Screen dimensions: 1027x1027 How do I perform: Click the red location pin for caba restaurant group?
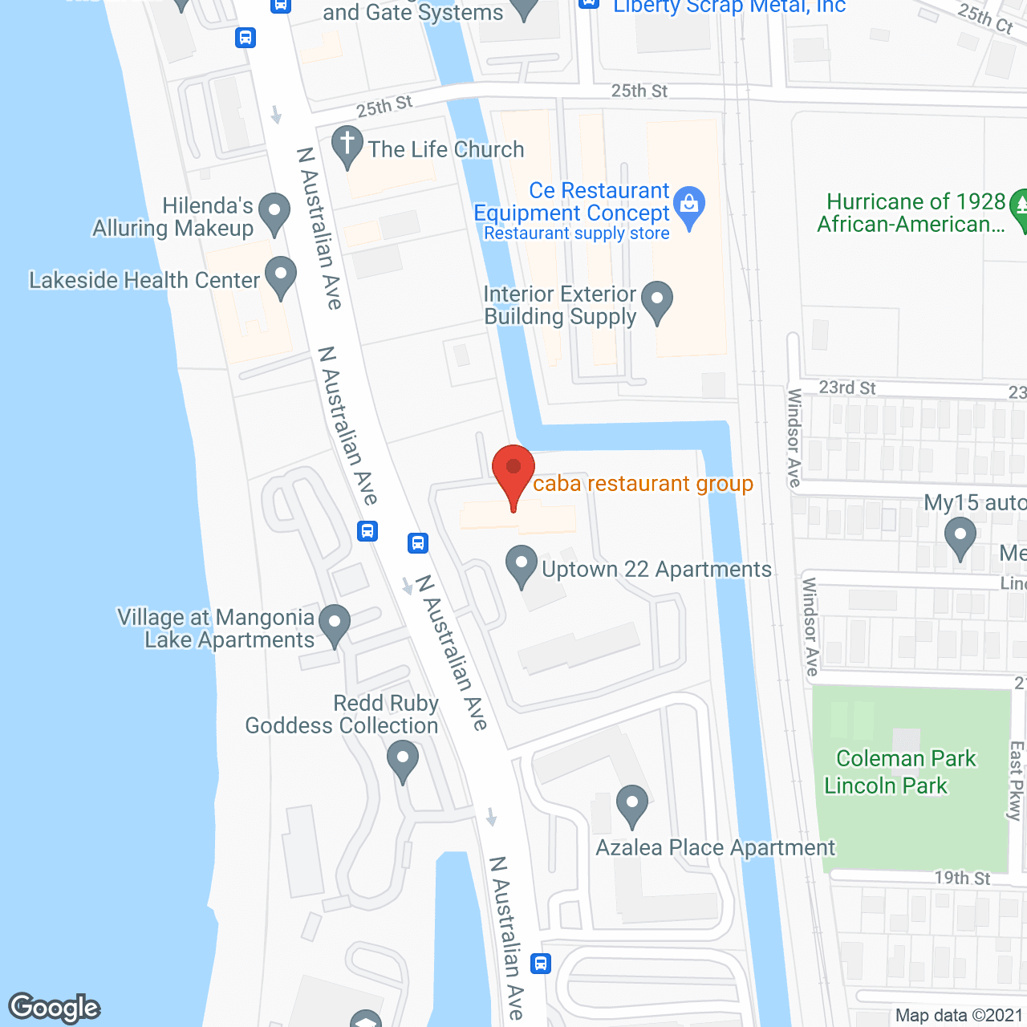tap(513, 471)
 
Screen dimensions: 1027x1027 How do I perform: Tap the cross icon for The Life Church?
tap(347, 145)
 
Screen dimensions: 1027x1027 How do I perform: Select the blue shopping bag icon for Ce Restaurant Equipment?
tap(689, 205)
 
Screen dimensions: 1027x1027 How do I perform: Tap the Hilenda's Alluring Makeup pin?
tap(274, 213)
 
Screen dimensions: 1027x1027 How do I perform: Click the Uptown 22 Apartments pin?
tap(522, 565)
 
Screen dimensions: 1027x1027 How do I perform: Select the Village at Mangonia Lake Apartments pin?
tap(335, 623)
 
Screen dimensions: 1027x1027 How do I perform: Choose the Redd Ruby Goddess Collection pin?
tap(403, 759)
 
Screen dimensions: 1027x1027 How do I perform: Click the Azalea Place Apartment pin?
tap(632, 804)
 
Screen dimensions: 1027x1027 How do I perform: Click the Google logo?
tap(55, 1008)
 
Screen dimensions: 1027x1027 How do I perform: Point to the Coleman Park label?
tap(906, 758)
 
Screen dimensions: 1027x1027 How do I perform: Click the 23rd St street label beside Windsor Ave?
tap(847, 388)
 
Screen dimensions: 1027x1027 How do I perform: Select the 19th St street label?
tap(962, 878)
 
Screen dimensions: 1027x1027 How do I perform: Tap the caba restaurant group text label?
tap(643, 484)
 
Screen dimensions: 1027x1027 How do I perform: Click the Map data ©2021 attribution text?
tap(960, 1016)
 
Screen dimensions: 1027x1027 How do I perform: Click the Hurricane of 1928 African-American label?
tap(915, 213)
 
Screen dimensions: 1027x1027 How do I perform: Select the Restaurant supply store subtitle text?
tap(576, 233)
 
